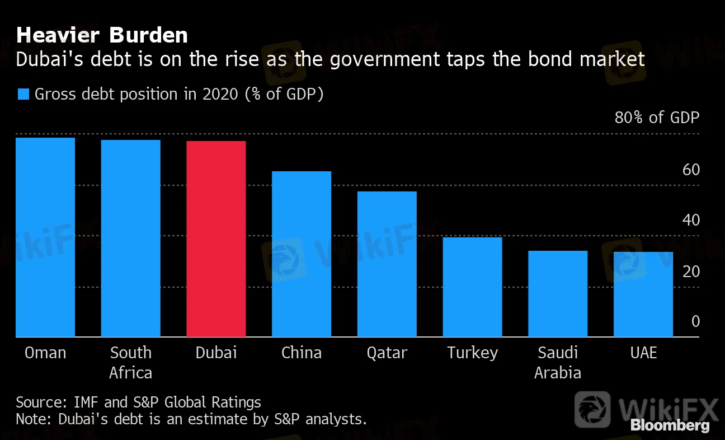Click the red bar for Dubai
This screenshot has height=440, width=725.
click(x=216, y=239)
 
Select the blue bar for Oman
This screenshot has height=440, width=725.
click(x=45, y=237)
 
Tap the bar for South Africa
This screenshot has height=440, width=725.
click(x=130, y=238)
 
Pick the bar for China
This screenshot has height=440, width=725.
click(x=302, y=254)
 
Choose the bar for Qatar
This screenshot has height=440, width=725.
click(x=387, y=264)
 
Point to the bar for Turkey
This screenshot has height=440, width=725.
click(x=472, y=287)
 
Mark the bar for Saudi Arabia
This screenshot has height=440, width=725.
click(x=558, y=294)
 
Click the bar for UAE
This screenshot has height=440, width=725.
click(x=643, y=294)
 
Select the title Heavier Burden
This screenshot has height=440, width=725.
click(x=102, y=36)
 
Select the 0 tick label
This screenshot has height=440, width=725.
click(x=695, y=321)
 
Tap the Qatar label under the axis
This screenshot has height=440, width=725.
click(x=387, y=353)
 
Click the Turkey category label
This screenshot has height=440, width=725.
click(x=472, y=353)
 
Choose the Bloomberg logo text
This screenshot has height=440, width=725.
click(x=670, y=425)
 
